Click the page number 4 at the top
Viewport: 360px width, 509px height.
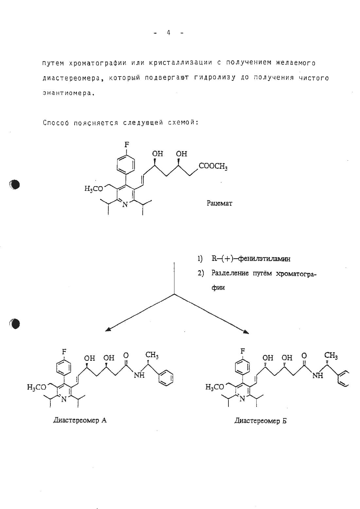(169, 33)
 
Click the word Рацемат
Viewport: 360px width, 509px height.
(219, 203)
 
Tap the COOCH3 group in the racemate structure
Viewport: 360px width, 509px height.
(213, 167)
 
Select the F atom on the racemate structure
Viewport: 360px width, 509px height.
(127, 145)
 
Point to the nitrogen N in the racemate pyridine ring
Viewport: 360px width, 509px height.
(125, 204)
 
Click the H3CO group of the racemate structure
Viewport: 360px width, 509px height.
(94, 189)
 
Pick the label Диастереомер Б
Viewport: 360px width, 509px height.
(261, 421)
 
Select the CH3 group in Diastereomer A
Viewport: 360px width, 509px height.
(152, 355)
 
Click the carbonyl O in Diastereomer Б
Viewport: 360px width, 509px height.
(304, 355)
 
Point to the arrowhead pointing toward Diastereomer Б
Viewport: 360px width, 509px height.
(246, 332)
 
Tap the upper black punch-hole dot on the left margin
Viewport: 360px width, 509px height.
(14, 184)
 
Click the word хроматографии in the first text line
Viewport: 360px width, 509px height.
(98, 63)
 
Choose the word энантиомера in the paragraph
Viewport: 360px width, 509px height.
(67, 93)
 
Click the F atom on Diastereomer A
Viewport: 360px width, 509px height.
(64, 352)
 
